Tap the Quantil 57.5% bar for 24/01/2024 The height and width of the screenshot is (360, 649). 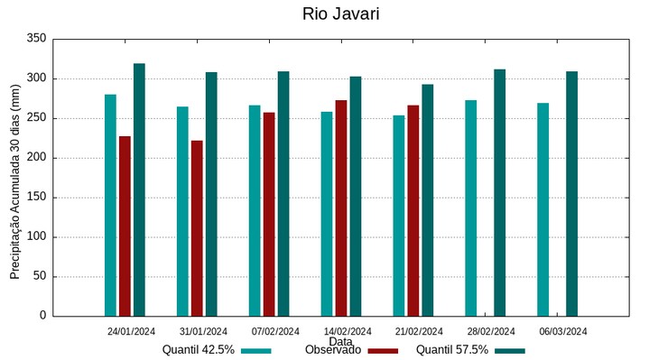click(x=139, y=189)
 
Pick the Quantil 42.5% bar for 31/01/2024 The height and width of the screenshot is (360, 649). click(x=182, y=211)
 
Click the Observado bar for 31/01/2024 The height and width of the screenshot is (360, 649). click(x=197, y=228)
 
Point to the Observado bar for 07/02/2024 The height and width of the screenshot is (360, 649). click(x=269, y=214)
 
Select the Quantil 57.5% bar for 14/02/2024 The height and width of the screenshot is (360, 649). click(x=356, y=196)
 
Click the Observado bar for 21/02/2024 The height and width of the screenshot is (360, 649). click(x=413, y=210)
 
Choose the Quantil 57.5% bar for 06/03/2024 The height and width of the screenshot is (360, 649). click(x=572, y=193)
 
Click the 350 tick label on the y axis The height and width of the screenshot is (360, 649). click(x=36, y=39)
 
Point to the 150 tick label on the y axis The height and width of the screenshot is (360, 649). click(x=36, y=198)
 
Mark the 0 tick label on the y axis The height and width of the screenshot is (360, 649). click(x=42, y=316)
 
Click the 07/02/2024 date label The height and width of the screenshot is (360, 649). click(x=275, y=331)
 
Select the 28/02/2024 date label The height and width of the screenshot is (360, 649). click(x=491, y=331)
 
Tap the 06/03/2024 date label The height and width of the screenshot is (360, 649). click(x=563, y=331)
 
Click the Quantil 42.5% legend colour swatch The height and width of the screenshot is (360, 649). click(x=256, y=351)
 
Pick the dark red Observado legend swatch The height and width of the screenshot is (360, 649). click(x=383, y=351)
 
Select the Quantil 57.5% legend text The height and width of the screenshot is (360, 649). click(x=452, y=350)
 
